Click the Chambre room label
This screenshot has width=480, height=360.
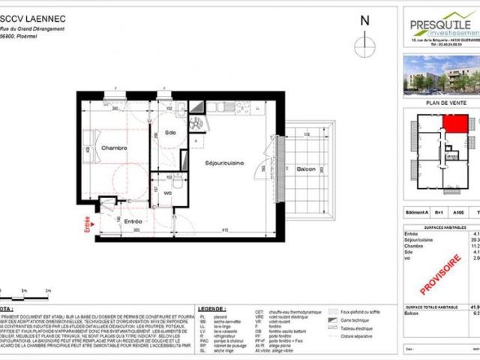(114, 148)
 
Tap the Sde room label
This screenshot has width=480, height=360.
(170, 134)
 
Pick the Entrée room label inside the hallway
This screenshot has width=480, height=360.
(133, 221)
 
